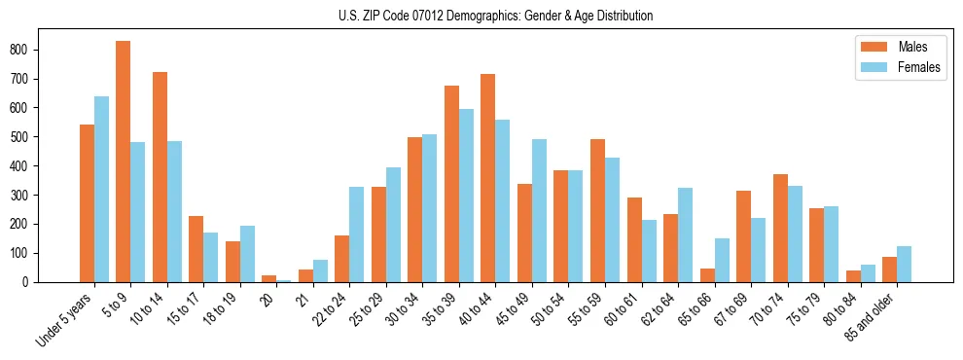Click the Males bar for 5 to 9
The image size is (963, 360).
point(124,162)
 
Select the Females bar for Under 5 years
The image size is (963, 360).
point(101,189)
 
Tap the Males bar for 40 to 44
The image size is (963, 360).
point(488,178)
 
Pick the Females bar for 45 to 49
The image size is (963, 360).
point(539,210)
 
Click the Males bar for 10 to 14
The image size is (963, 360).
point(160,177)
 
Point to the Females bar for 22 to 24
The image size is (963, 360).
point(357,234)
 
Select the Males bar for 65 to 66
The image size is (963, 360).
point(707,275)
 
